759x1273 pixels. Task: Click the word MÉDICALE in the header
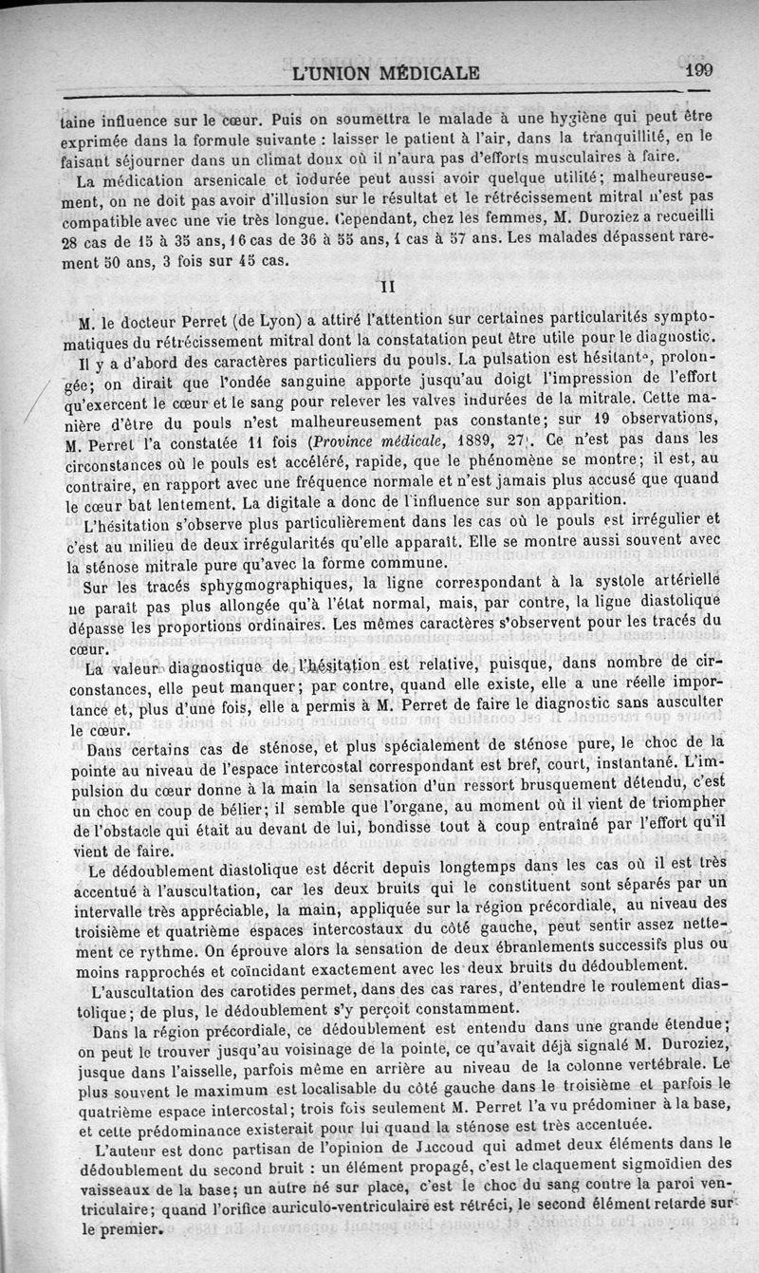click(x=423, y=72)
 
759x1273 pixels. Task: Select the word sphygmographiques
click(x=257, y=583)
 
